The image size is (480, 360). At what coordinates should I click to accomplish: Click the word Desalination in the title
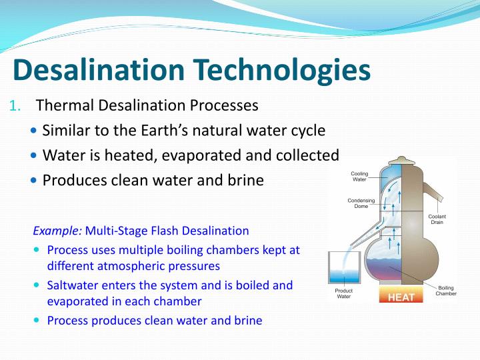99,70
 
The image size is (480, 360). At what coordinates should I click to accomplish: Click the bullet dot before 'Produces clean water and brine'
35,181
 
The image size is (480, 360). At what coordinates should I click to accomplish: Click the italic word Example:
57,231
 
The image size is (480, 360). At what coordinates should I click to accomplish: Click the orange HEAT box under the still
401,297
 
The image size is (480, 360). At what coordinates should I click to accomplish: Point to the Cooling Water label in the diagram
359,177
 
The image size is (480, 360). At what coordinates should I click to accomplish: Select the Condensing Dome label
361,203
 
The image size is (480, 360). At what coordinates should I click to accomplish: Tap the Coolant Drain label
437,219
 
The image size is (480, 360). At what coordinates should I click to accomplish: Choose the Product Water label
343,293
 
